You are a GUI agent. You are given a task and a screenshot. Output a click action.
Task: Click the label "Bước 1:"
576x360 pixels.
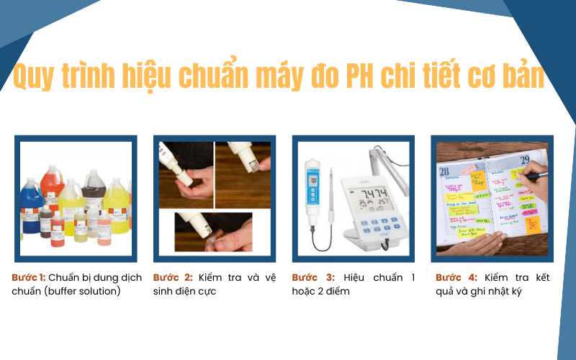point(28,277)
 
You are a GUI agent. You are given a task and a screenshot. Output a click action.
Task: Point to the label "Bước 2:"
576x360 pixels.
point(173,277)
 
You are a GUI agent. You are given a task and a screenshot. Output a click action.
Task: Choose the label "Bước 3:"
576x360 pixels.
point(313,277)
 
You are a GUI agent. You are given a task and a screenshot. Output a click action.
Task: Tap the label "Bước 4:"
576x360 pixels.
point(456,277)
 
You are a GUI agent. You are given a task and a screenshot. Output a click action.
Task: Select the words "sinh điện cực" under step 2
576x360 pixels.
point(184,292)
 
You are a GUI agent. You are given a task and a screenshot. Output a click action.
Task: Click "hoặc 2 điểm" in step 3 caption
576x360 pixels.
point(320,292)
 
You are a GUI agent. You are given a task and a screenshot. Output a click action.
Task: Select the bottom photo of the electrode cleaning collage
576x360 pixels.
point(213,231)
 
